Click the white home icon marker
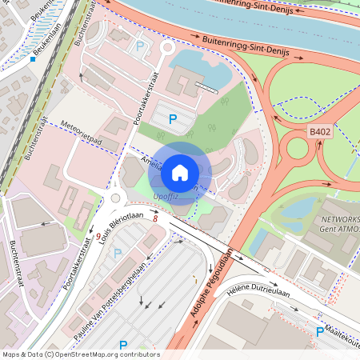coord(180,171)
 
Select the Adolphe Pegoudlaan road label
coord(211,290)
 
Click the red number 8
coord(155,218)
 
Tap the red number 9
coord(98,237)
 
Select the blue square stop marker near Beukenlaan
coord(33,58)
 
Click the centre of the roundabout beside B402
coord(298,149)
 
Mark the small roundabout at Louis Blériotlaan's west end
coord(114,198)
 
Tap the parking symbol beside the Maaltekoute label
coord(319,331)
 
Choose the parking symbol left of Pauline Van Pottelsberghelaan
coord(119,254)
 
